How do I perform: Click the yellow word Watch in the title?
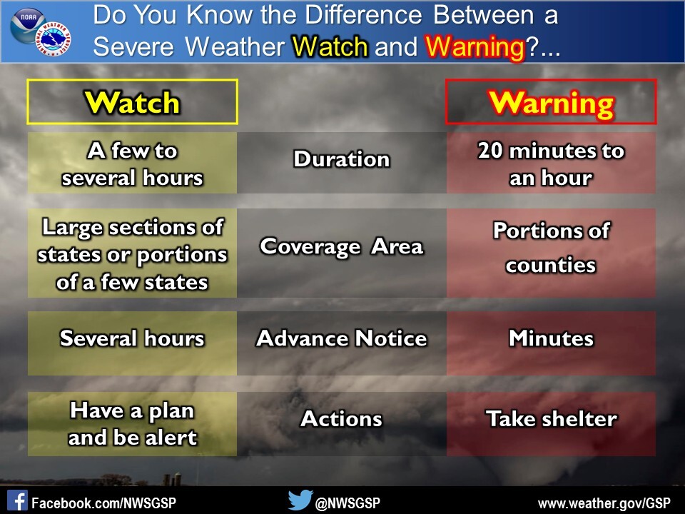pyautogui.click(x=330, y=47)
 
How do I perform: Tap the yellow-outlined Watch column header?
pyautogui.click(x=132, y=103)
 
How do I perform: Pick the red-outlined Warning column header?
pyautogui.click(x=551, y=103)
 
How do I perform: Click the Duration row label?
pyautogui.click(x=342, y=159)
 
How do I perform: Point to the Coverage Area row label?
pyautogui.click(x=342, y=247)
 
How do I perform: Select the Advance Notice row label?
pyautogui.click(x=342, y=338)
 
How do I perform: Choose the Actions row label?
pyautogui.click(x=342, y=419)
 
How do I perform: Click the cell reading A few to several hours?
pyautogui.click(x=132, y=163)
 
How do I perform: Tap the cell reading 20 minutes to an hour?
pyautogui.click(x=551, y=163)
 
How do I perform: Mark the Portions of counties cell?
pyautogui.click(x=551, y=248)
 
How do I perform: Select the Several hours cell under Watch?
pyautogui.click(x=132, y=338)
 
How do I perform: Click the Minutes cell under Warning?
pyautogui.click(x=551, y=338)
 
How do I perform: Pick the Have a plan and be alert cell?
pyautogui.click(x=132, y=423)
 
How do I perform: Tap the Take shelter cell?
pyautogui.click(x=551, y=419)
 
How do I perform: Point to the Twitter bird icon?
pyautogui.click(x=300, y=500)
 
